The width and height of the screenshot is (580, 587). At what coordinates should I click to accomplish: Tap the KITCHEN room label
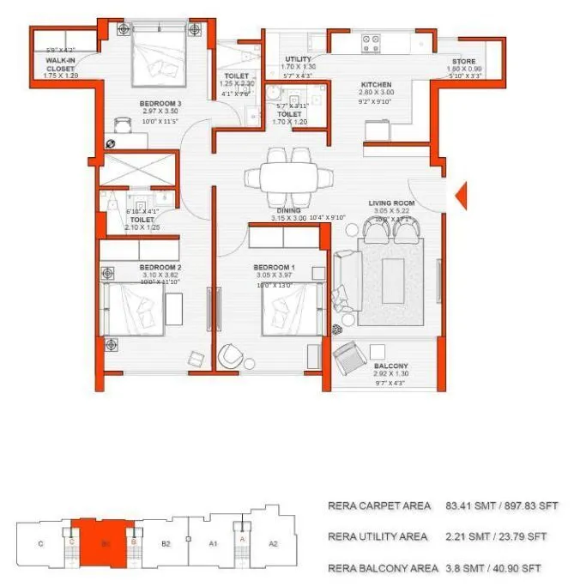pos(377,84)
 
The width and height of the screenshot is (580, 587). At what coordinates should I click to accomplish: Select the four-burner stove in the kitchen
pos(372,39)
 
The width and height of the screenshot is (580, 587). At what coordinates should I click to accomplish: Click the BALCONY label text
pos(390,365)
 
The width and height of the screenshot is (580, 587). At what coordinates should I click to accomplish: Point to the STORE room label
pos(464,62)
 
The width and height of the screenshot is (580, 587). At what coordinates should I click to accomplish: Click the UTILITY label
pos(298,59)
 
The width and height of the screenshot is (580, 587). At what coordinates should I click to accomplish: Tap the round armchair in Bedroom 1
pos(231,354)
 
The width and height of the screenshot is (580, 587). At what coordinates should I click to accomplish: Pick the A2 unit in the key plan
pos(273,543)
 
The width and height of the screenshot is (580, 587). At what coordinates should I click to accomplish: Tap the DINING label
pos(288,209)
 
